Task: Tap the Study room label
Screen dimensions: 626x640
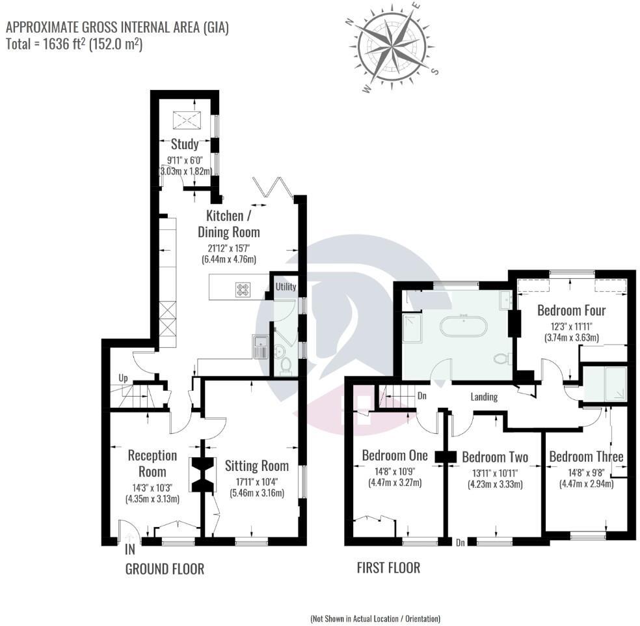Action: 185,144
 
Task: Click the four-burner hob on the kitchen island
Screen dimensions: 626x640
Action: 243,289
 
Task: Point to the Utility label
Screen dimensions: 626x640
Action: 286,287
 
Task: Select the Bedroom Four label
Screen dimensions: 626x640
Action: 570,311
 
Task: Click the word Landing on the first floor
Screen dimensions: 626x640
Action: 484,397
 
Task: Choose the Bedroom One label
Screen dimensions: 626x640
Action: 395,455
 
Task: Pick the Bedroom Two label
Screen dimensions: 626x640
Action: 495,457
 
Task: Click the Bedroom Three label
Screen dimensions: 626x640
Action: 586,456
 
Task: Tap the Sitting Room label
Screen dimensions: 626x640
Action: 256,466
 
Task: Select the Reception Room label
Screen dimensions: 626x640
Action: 152,463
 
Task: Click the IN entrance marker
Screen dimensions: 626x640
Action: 131,548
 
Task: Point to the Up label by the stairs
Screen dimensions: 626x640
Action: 123,378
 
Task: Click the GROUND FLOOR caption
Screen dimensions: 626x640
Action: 165,569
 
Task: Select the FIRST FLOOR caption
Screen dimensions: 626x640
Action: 388,567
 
